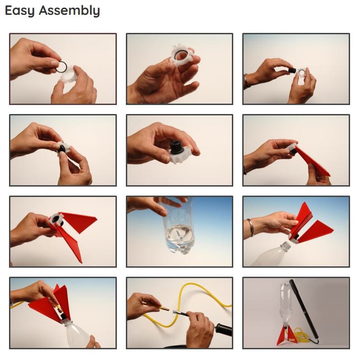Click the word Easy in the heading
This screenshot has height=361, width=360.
tap(20, 11)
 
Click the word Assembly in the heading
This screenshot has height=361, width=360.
tap(69, 11)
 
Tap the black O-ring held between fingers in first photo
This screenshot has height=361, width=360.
tap(61, 67)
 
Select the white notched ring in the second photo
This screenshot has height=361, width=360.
tap(182, 56)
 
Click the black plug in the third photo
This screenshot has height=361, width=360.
tap(291, 70)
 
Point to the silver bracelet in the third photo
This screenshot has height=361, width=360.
tap(246, 81)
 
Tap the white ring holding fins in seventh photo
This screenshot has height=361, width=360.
tap(56, 220)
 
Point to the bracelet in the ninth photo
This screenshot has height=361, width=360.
tap(251, 228)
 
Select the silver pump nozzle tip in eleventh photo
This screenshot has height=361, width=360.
tap(176, 312)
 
